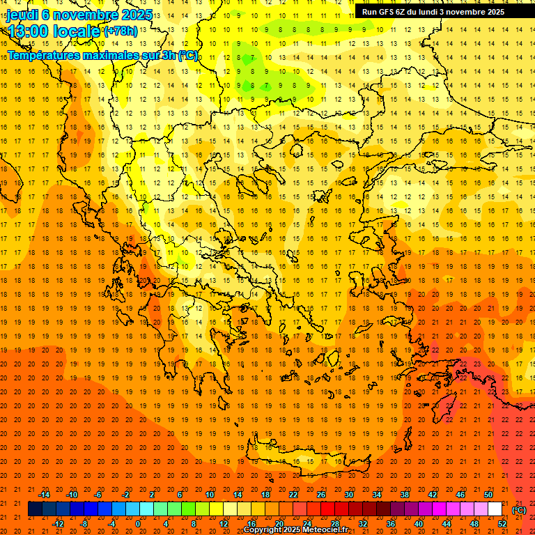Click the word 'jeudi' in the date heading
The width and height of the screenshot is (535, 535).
coord(22,14)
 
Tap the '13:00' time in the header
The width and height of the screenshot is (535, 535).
coord(28,31)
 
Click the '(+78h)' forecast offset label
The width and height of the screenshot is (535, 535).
coord(121,31)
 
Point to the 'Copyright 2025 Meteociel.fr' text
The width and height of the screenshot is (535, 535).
coord(295,530)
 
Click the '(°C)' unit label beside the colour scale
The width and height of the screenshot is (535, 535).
coord(519,509)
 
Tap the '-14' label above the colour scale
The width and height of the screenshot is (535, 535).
coord(44,495)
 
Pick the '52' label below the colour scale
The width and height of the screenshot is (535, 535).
coord(502,524)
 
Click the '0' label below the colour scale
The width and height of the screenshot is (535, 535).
coord(138,524)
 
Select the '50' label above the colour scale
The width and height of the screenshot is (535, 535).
coord(488,495)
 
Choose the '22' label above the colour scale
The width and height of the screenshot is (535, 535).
coord(293,495)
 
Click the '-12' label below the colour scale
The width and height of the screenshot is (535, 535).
coord(58,524)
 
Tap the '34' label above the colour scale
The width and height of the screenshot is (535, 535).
coord(377,495)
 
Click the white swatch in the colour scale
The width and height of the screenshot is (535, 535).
coord(495,509)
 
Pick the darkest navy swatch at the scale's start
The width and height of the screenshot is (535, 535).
coord(35,509)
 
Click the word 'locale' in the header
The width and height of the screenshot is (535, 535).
coord(75,31)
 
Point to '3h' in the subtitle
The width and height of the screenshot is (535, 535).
coord(167,55)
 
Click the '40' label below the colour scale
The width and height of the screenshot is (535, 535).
coord(418,524)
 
